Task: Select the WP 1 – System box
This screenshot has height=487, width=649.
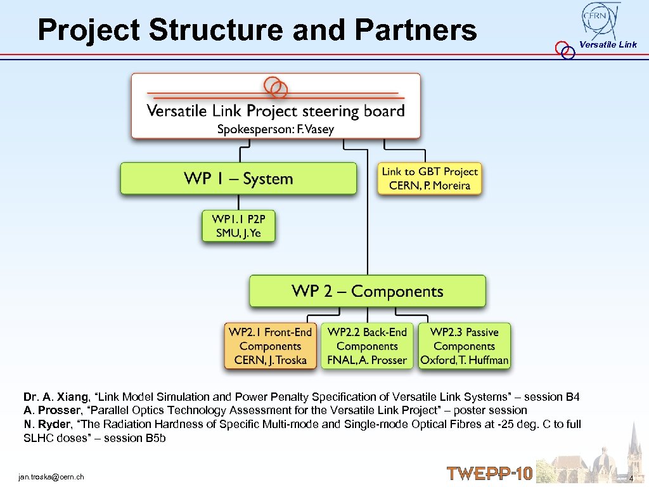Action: [238, 178]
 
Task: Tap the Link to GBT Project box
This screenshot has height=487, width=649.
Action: [430, 179]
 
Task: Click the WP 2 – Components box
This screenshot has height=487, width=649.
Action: [367, 291]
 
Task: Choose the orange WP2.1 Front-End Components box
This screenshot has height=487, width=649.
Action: [270, 346]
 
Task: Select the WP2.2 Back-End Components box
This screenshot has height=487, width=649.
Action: [367, 346]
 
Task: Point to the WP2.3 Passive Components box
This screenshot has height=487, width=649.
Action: [464, 346]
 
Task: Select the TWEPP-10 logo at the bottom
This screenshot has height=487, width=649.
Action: [489, 474]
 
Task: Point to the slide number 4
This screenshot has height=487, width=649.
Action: [631, 477]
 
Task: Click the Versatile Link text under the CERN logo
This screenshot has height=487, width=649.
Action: [608, 44]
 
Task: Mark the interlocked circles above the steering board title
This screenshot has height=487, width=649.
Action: [276, 87]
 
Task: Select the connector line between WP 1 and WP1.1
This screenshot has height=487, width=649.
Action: [238, 202]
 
